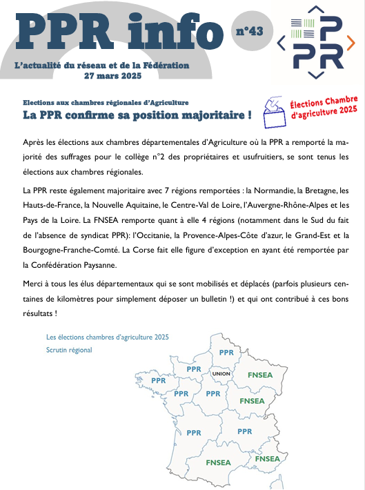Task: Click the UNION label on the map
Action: [221, 374]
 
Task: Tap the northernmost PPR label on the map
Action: [226, 352]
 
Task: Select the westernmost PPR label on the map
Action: [158, 381]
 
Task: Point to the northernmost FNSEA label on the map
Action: [260, 377]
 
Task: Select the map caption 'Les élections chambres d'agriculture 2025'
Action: [107, 337]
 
